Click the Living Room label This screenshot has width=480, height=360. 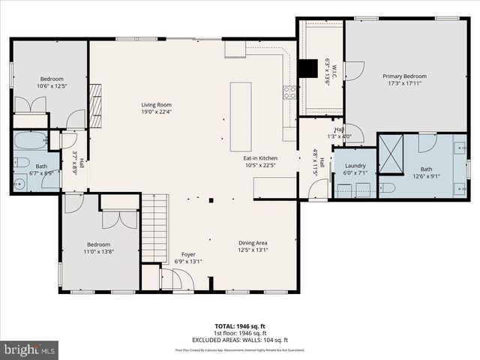[157, 104]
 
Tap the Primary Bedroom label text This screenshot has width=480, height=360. [404, 76]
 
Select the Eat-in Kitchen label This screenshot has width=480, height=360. [260, 158]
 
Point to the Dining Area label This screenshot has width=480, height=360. [253, 243]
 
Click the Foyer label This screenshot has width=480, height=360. [187, 254]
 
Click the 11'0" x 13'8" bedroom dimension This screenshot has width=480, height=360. [98, 253]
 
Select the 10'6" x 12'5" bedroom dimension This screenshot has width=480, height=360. [52, 86]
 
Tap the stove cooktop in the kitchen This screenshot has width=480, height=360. [289, 93]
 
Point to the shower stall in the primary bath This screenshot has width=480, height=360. [390, 153]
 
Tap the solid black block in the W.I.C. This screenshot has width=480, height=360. [307, 67]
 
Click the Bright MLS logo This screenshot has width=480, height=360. [30, 349]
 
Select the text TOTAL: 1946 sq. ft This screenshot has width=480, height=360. [240, 326]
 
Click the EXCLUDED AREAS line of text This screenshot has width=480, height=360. [240, 339]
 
